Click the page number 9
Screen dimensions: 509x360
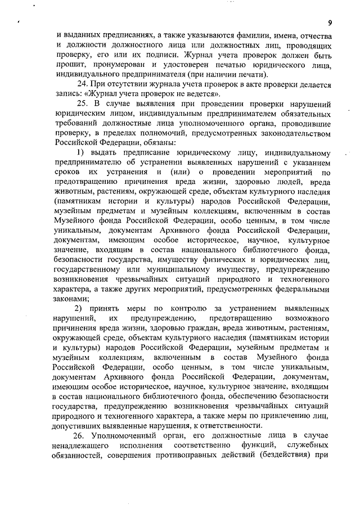click(331, 22)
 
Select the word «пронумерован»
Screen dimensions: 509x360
click(112, 65)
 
